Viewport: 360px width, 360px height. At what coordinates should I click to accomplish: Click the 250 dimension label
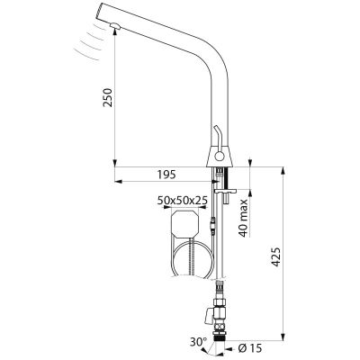[107, 97]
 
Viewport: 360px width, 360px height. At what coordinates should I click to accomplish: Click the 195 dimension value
[166, 175]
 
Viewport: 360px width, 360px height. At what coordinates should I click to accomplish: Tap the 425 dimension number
[275, 256]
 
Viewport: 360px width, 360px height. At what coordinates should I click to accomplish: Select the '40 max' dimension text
[244, 218]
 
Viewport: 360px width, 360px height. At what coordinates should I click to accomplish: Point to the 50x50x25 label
[182, 201]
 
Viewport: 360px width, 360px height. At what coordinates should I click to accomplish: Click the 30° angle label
[198, 342]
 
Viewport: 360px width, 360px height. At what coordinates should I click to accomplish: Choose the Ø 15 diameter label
[251, 348]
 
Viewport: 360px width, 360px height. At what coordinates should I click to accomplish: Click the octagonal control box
[184, 224]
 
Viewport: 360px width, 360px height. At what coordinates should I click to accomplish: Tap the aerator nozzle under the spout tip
[115, 26]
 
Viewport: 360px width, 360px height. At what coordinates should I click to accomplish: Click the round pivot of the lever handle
[220, 157]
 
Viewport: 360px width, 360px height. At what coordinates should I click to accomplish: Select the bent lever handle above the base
[218, 137]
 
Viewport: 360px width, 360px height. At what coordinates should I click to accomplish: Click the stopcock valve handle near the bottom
[209, 317]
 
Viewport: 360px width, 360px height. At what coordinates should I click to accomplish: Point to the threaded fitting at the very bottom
[220, 335]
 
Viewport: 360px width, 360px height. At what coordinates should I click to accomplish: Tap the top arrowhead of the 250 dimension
[115, 32]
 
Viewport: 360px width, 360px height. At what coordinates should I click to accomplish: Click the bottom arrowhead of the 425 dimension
[283, 337]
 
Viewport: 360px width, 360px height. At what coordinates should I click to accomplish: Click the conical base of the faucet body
[220, 157]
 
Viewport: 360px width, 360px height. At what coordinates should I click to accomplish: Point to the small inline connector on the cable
[212, 225]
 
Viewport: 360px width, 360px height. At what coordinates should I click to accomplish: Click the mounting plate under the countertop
[226, 191]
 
